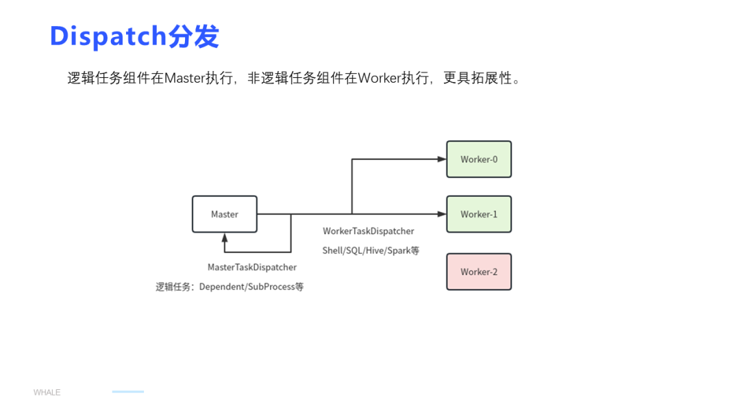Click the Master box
pos(224,214)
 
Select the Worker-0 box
pos(479,159)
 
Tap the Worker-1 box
pos(479,214)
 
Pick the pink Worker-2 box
pos(479,272)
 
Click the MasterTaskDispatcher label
pos(252,267)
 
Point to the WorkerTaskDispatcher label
pos(369,231)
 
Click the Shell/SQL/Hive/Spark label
pos(371,250)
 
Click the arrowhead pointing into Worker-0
pos(442,159)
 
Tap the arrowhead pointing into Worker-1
pos(442,214)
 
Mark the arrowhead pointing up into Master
pos(224,237)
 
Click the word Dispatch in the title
pos(108,36)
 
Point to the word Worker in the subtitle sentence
pos(379,78)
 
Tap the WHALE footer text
pos(47,393)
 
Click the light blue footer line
pos(128,392)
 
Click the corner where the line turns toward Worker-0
pos(352,159)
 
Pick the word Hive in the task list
pos(375,250)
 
